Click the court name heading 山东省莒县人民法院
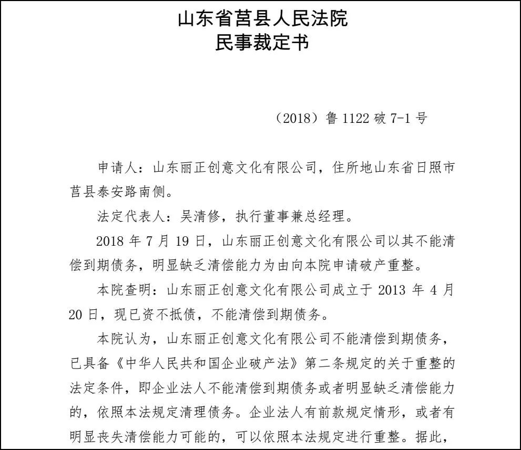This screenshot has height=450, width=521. coord(262,19)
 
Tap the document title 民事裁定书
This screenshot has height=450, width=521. coord(262,43)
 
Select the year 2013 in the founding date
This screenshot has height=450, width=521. coord(388,289)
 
